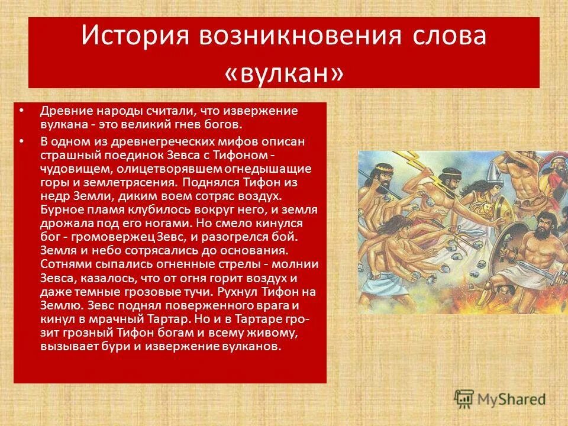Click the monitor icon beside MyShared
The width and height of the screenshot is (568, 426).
click(464, 398)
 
